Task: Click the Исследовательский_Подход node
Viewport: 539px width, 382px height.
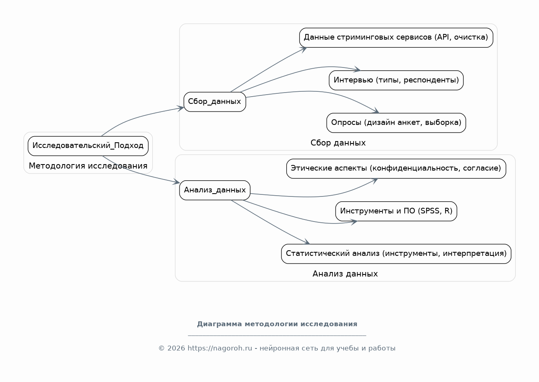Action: [88, 146]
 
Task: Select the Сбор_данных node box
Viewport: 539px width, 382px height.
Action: [215, 102]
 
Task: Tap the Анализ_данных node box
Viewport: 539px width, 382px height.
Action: [215, 190]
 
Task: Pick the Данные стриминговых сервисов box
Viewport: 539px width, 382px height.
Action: [396, 38]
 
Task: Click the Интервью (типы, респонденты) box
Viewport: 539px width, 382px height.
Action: [396, 80]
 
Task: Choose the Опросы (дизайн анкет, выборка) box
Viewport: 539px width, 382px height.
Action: [396, 123]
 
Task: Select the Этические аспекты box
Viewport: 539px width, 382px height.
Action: [396, 169]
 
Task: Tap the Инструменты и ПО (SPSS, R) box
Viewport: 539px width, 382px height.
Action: [396, 211]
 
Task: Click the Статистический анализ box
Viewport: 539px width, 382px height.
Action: [396, 254]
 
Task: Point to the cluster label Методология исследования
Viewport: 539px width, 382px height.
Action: [88, 166]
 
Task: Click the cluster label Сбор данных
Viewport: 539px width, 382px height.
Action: [338, 143]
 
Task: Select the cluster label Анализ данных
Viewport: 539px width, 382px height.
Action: [345, 274]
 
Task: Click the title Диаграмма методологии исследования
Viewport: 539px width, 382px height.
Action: [277, 324]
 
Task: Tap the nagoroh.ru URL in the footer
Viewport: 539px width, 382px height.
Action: [220, 348]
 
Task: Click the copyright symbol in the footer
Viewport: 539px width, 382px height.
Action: [161, 348]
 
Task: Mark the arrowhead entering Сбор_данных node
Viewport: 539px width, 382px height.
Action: [180, 108]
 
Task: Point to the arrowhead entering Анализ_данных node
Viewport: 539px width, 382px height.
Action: [176, 182]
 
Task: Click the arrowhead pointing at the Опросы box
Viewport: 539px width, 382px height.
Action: [376, 110]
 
